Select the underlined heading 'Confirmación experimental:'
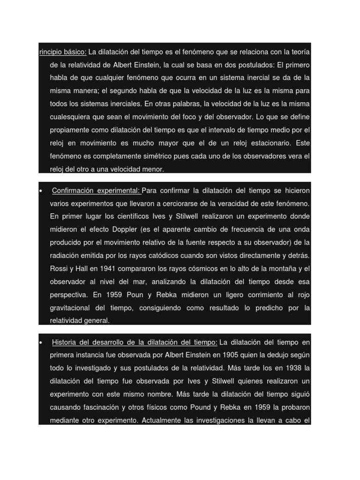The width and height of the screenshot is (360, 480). pos(96,191)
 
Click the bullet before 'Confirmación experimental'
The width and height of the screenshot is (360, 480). pos(41,191)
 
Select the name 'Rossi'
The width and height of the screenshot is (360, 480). pos(59,269)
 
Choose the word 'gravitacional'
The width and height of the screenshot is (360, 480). pos(72,308)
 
